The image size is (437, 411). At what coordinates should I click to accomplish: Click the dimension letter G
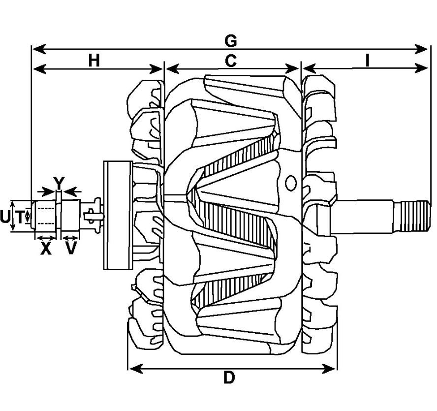[231, 41]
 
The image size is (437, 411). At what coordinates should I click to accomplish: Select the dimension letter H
[94, 61]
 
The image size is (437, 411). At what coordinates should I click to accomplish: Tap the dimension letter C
[231, 61]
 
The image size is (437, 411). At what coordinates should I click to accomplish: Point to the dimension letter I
[367, 61]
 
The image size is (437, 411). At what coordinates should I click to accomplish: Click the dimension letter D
[229, 378]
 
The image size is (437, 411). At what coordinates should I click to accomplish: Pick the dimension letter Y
[59, 183]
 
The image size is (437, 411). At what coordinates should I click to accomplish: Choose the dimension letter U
[5, 217]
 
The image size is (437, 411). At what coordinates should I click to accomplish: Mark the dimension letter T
[20, 217]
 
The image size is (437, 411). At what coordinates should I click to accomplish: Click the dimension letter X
[46, 249]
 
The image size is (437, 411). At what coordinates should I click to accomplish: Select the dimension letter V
[71, 249]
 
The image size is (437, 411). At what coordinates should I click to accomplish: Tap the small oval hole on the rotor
[291, 183]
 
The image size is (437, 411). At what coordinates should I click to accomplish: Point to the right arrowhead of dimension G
[421, 49]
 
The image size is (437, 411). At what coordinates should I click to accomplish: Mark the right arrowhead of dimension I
[421, 68]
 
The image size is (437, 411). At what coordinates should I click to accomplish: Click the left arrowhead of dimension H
[39, 68]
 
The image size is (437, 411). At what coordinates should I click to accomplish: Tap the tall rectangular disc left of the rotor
[118, 215]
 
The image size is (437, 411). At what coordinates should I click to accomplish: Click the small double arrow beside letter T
[27, 216]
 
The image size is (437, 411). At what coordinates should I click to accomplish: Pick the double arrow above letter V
[70, 238]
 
